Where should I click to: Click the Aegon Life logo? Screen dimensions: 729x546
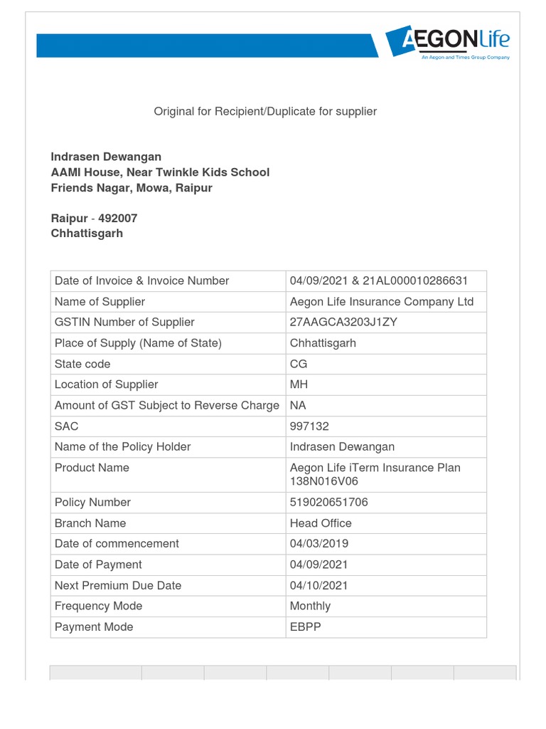(x=448, y=42)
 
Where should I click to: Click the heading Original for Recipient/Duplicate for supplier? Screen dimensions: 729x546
(x=265, y=111)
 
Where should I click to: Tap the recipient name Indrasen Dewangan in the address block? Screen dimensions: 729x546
(x=106, y=157)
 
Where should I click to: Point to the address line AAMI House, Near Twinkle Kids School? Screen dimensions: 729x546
(x=160, y=172)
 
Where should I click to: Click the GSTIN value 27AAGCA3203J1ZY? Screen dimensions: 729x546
(x=343, y=322)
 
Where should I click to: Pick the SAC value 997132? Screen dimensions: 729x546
(x=309, y=426)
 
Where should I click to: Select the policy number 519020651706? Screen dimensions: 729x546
(x=328, y=502)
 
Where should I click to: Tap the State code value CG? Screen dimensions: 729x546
(x=299, y=364)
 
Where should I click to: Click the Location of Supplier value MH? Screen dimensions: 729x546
(x=299, y=384)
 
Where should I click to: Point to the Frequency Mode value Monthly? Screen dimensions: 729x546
(x=310, y=606)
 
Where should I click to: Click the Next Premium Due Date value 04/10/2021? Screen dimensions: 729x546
(x=318, y=585)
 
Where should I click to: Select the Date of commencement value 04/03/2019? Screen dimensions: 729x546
(x=318, y=543)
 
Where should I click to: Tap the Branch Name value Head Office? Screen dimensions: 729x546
(x=321, y=523)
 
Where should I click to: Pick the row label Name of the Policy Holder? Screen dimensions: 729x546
(x=122, y=446)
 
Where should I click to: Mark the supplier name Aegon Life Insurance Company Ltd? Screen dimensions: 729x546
(x=381, y=301)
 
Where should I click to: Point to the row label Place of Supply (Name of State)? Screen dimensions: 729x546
(x=138, y=342)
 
